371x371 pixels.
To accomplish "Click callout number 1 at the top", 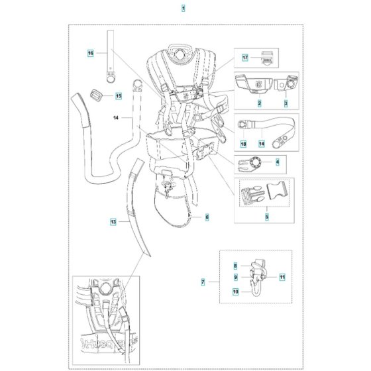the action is click(184, 9).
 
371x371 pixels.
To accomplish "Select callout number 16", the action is click(91, 53).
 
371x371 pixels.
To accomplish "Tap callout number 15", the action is click(119, 96).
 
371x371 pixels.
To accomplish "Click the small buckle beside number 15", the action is click(95, 95).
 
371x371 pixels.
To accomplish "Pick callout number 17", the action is click(245, 58).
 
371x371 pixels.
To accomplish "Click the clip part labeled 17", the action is click(267, 58).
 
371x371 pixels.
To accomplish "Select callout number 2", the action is click(260, 103).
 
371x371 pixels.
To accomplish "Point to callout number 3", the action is click(286, 103).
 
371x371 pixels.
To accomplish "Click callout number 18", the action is click(243, 144).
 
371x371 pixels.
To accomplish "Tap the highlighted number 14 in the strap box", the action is click(262, 144).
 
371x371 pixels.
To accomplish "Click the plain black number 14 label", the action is click(116, 118).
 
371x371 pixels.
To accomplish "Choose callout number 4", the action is click(278, 162).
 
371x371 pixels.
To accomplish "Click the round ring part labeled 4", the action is click(255, 163).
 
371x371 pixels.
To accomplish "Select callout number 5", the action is click(267, 217).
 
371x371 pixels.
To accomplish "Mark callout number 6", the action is click(207, 217).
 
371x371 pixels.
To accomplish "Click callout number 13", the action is click(113, 222).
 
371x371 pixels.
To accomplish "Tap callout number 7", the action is click(203, 282).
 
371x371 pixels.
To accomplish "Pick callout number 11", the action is click(282, 277).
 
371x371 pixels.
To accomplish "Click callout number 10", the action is click(236, 291).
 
